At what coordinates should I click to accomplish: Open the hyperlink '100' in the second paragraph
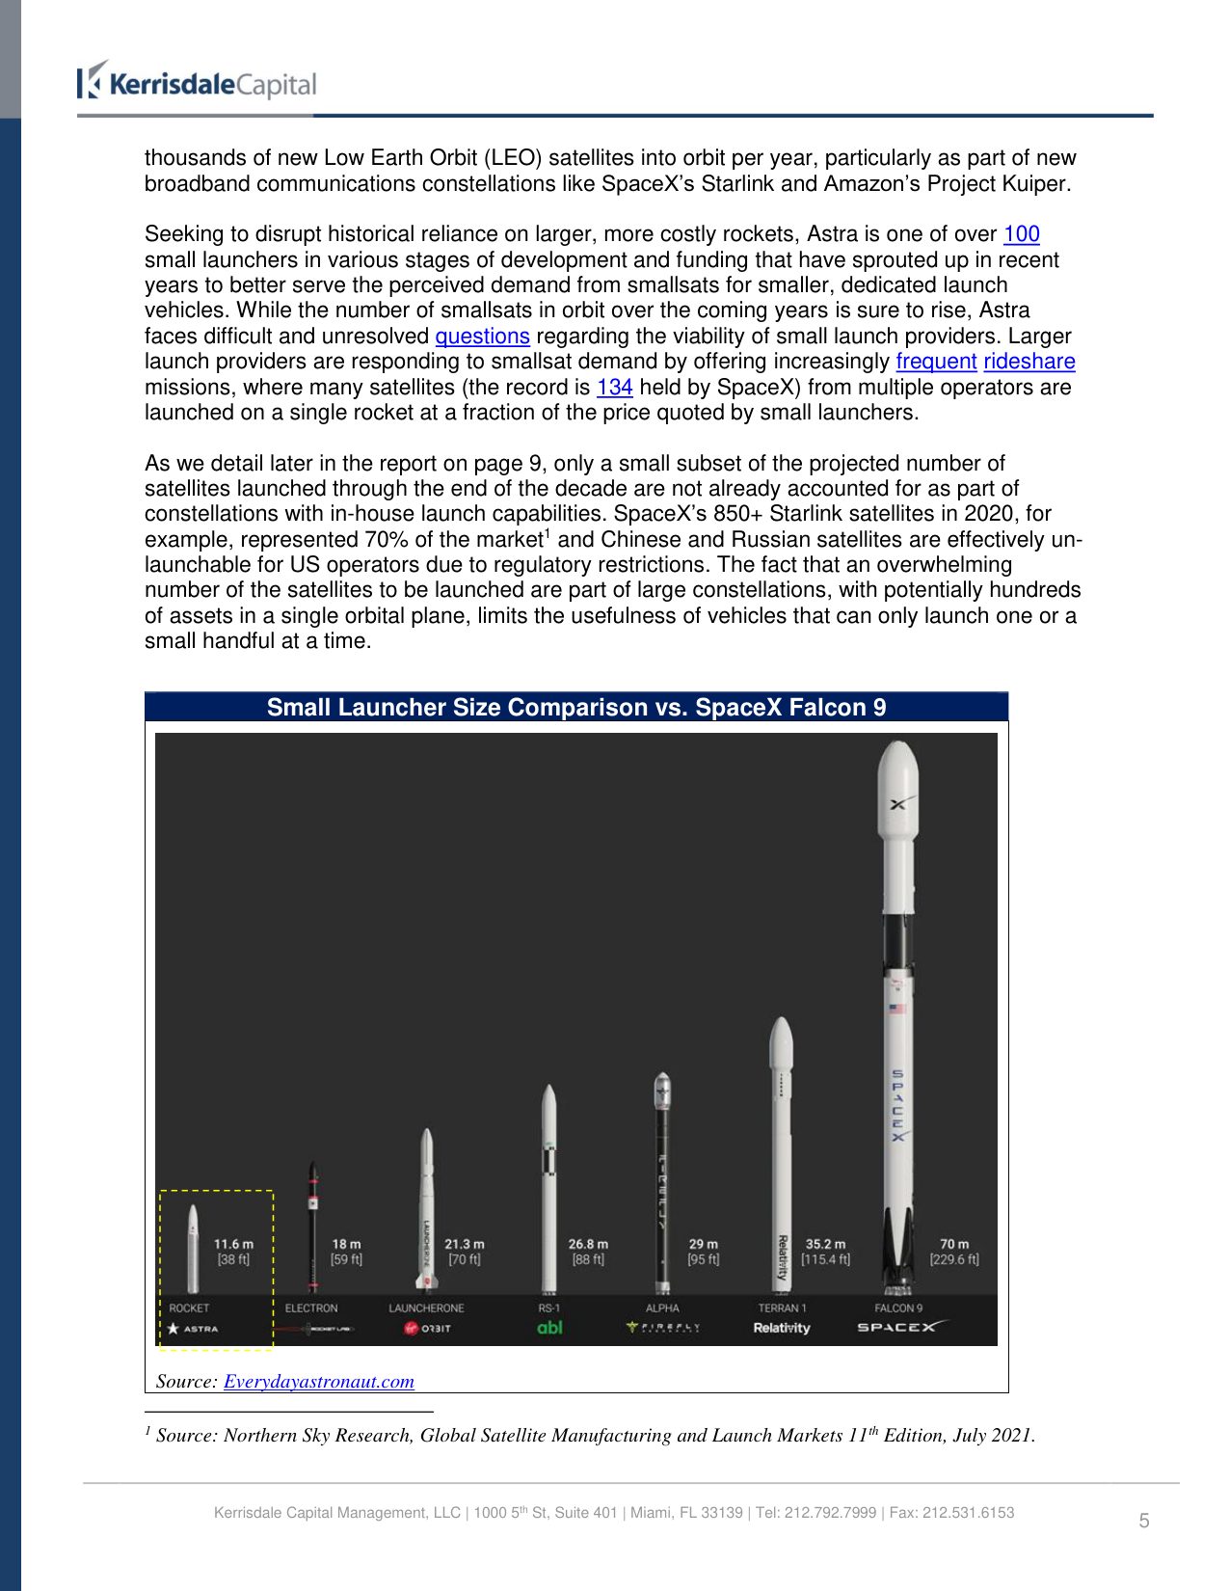[1021, 234]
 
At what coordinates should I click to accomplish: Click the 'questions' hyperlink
[482, 337]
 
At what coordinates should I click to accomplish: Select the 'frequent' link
[936, 362]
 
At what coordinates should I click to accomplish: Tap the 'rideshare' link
[1029, 362]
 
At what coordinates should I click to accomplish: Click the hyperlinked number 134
[614, 388]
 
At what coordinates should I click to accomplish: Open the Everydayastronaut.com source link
[319, 1382]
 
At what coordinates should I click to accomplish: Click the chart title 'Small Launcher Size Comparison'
[575, 708]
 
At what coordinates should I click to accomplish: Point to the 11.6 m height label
[233, 1244]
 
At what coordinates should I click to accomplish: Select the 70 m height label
[954, 1244]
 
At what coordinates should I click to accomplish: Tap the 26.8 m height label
[588, 1244]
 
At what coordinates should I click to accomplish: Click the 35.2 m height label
[825, 1244]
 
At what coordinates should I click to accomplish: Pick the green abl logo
[549, 1328]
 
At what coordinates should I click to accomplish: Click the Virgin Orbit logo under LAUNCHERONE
[427, 1329]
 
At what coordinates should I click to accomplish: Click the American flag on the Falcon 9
[897, 1009]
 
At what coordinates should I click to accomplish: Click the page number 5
[1144, 1521]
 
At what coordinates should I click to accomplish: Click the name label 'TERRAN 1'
[782, 1308]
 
